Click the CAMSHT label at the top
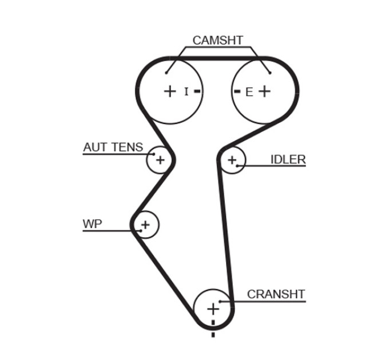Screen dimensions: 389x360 click(217, 41)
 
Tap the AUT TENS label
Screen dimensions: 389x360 click(113, 147)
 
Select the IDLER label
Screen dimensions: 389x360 click(288, 159)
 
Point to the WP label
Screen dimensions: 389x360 click(92, 224)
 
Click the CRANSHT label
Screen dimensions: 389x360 click(276, 294)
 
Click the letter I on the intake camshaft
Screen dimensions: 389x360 click(186, 91)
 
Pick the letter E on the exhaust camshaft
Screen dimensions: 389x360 click(249, 93)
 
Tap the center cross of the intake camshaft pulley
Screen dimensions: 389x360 click(170, 91)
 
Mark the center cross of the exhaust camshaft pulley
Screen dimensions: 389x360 click(264, 91)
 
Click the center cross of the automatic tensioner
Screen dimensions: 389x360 click(160, 160)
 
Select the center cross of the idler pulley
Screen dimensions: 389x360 click(232, 160)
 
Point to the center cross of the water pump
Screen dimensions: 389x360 click(146, 225)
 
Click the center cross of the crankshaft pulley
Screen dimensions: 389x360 click(213, 309)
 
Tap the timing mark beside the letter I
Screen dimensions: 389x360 click(197, 91)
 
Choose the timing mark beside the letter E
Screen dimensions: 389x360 click(237, 91)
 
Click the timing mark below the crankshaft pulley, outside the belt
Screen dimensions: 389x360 click(213, 335)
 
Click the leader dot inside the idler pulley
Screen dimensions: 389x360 click(237, 166)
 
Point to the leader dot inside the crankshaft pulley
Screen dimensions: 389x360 click(220, 302)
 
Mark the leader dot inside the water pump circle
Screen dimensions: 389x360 click(141, 231)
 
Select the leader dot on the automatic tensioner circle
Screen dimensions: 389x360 click(153, 154)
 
